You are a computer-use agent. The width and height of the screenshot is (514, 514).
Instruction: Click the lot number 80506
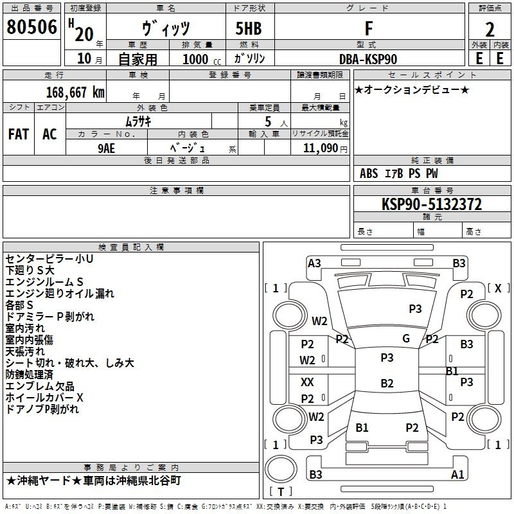click(x=32, y=28)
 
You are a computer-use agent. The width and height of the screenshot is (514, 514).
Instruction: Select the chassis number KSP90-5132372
click(x=432, y=204)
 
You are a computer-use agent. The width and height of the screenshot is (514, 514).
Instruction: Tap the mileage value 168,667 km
click(x=75, y=92)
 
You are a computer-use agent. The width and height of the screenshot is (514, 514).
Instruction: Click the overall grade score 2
click(x=490, y=30)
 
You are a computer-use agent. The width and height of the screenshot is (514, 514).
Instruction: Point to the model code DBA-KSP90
click(x=368, y=59)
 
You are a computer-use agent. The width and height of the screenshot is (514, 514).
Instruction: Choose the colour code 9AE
click(x=106, y=147)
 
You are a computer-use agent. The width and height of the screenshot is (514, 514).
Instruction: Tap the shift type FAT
click(x=19, y=134)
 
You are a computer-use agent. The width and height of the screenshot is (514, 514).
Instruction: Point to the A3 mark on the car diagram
click(x=314, y=263)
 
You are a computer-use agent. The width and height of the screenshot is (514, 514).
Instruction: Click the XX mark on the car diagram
click(x=308, y=382)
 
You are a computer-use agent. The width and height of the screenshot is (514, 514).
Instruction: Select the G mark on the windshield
click(x=406, y=339)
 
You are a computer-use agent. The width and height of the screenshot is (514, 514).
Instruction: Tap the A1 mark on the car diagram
click(x=457, y=475)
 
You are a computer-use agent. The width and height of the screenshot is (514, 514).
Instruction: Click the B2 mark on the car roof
click(x=387, y=384)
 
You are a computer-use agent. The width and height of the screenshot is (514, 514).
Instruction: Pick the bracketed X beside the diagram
click(x=498, y=288)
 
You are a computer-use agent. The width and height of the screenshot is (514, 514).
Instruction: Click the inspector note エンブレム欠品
click(x=40, y=386)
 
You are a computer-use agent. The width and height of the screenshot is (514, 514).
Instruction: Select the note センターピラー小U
click(x=49, y=259)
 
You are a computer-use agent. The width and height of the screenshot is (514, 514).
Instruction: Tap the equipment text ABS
click(x=369, y=173)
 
